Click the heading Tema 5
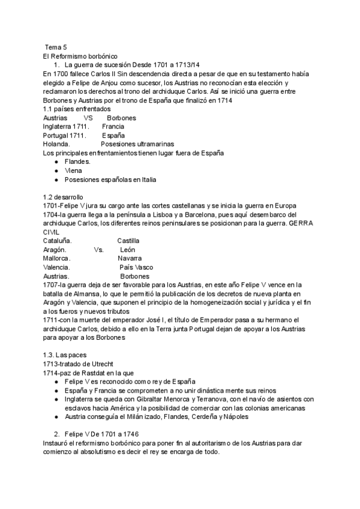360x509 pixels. click(x=56, y=47)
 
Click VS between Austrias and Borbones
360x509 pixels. click(x=88, y=118)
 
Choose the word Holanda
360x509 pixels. click(x=56, y=144)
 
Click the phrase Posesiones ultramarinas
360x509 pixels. click(x=137, y=144)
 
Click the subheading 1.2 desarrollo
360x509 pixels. click(x=63, y=197)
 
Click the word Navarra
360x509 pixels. click(x=130, y=258)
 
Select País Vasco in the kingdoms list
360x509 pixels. click(x=136, y=267)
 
